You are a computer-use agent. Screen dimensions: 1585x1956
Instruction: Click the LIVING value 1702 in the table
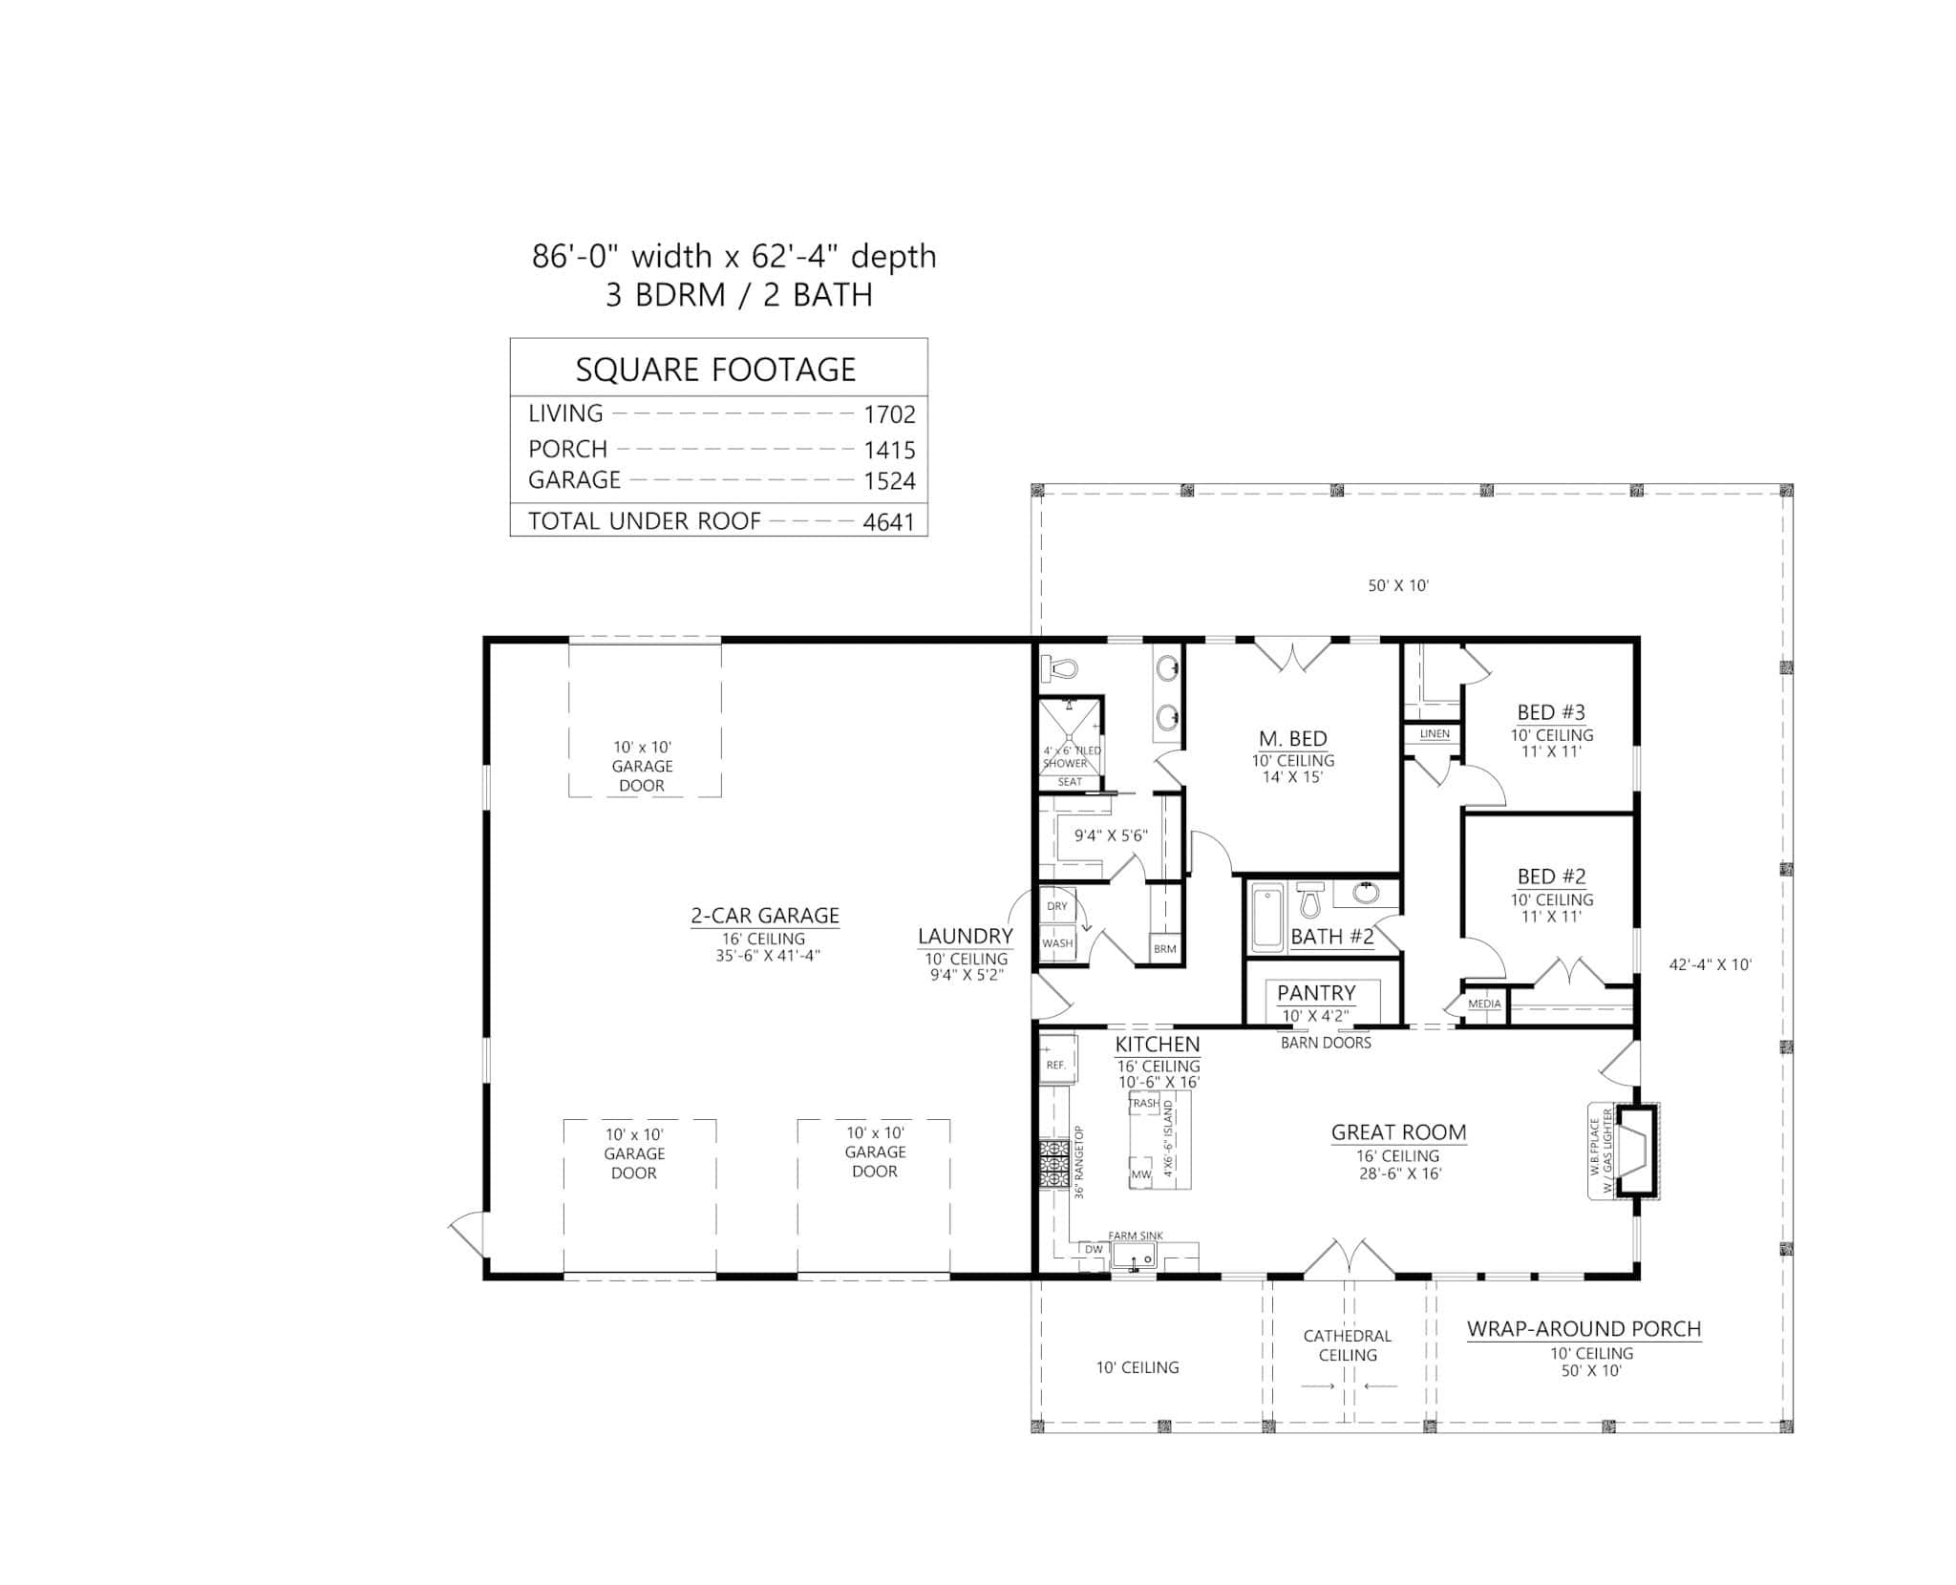tap(888, 414)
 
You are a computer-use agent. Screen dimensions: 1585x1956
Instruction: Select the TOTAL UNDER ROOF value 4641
tap(888, 521)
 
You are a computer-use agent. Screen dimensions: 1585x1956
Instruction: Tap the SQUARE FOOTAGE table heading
tap(715, 370)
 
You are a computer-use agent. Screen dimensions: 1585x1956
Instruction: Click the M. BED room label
tap(1292, 738)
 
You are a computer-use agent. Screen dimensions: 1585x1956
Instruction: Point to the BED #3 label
tap(1551, 712)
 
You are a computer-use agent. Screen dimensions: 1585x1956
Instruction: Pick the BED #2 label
tap(1551, 877)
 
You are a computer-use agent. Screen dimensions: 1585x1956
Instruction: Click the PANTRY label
tap(1316, 993)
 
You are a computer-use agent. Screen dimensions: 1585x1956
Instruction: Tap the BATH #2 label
tap(1331, 937)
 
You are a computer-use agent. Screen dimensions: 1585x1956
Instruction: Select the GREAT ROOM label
tap(1398, 1132)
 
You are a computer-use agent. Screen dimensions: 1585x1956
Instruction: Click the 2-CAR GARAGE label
tap(765, 916)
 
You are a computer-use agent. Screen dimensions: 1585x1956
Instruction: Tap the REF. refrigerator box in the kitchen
tap(1056, 1064)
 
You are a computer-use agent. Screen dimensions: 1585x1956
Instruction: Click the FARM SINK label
tap(1136, 1236)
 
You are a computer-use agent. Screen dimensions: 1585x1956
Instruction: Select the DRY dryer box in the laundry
tap(1056, 906)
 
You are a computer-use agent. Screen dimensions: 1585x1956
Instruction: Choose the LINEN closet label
tap(1435, 734)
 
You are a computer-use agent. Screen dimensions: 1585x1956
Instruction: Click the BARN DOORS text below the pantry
tap(1326, 1043)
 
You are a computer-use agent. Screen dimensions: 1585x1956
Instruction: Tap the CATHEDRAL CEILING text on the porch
tap(1348, 1345)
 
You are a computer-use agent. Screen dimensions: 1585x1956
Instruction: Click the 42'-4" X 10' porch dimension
tap(1710, 964)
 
